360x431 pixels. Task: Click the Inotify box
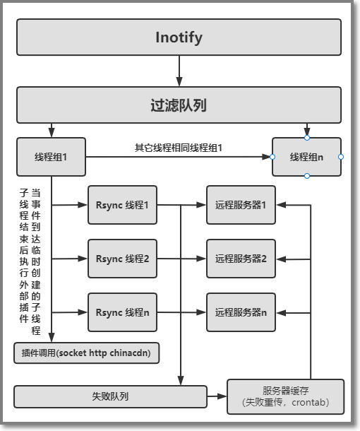[x=179, y=37]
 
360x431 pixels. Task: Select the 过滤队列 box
[x=179, y=105]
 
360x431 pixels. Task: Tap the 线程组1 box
[x=51, y=157]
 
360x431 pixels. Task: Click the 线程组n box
[x=307, y=157]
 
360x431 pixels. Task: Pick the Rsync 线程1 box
[x=123, y=205]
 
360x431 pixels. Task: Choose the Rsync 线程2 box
[x=123, y=259]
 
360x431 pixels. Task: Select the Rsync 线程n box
[x=123, y=312]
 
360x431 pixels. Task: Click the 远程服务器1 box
[x=241, y=205]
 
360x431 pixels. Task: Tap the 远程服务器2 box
[x=241, y=259]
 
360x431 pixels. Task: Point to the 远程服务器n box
[x=241, y=312]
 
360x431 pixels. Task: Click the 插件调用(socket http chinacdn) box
[x=87, y=353]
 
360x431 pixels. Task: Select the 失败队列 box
[x=110, y=396]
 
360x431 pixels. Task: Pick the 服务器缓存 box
[x=286, y=396]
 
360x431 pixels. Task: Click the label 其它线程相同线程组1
[x=179, y=148]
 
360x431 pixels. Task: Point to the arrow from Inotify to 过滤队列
[x=179, y=71]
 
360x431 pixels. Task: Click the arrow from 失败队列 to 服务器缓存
[x=217, y=396]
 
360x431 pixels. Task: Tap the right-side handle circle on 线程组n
[x=341, y=157]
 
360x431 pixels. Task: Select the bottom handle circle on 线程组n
[x=307, y=176]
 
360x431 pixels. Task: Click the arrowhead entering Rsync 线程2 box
[x=83, y=259]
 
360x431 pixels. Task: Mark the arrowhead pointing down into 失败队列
[x=181, y=381]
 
